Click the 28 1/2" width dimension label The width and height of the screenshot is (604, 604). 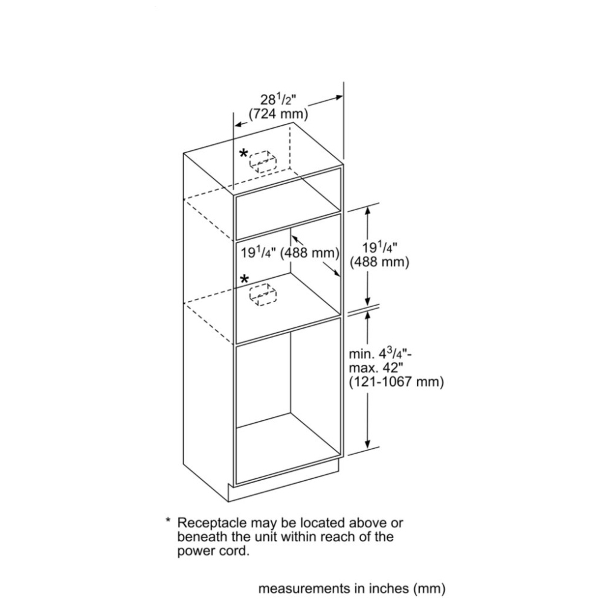point(278,100)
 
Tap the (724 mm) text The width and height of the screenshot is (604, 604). point(278,114)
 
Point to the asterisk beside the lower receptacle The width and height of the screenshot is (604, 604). point(245,280)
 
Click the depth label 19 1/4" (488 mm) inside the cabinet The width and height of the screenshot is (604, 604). point(290,252)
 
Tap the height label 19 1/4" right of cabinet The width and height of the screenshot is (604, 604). point(379,247)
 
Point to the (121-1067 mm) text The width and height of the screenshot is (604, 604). point(396,382)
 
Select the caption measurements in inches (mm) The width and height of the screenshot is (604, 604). point(352,588)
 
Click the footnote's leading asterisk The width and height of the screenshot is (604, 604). point(168,521)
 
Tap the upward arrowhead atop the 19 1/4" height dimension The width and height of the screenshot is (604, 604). point(368,211)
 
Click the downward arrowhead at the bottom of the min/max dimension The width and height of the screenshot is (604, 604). point(368,443)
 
